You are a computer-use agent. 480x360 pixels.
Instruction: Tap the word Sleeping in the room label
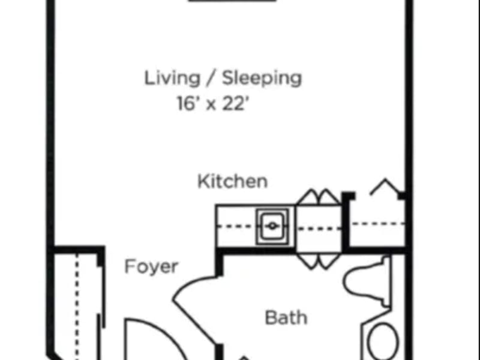262,79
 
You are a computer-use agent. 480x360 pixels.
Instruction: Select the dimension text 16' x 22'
212,104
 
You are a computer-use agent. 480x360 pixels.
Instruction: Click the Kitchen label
232,181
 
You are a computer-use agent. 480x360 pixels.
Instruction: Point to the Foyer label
151,266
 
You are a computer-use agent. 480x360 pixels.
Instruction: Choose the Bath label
286,317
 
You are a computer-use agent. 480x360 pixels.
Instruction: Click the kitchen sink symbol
272,226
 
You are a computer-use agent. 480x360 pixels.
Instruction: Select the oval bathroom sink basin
383,343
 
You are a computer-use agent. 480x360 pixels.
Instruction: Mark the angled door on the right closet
384,188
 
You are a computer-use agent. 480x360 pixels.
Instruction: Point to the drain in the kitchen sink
272,226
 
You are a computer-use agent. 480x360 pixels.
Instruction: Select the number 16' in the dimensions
187,104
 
